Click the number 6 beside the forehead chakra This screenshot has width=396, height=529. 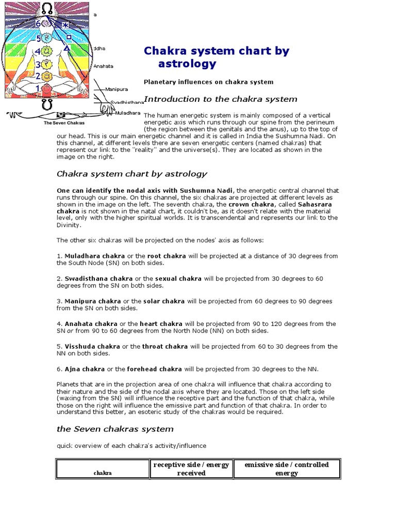click(38, 24)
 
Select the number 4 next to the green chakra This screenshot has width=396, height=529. click(38, 52)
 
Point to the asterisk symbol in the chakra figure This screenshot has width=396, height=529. click(65, 25)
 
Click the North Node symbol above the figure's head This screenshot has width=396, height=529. click(47, 7)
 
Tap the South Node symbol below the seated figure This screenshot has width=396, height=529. click(47, 104)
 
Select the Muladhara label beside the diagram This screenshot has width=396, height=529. click(127, 113)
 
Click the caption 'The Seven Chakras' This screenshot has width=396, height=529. click(64, 123)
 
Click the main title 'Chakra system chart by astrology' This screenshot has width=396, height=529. click(216, 57)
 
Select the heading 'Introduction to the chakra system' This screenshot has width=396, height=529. click(220, 99)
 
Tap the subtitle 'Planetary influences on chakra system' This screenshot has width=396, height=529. click(208, 82)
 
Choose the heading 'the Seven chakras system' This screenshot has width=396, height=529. click(115, 429)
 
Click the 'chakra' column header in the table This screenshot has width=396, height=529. click(103, 473)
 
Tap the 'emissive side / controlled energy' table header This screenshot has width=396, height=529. click(286, 469)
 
